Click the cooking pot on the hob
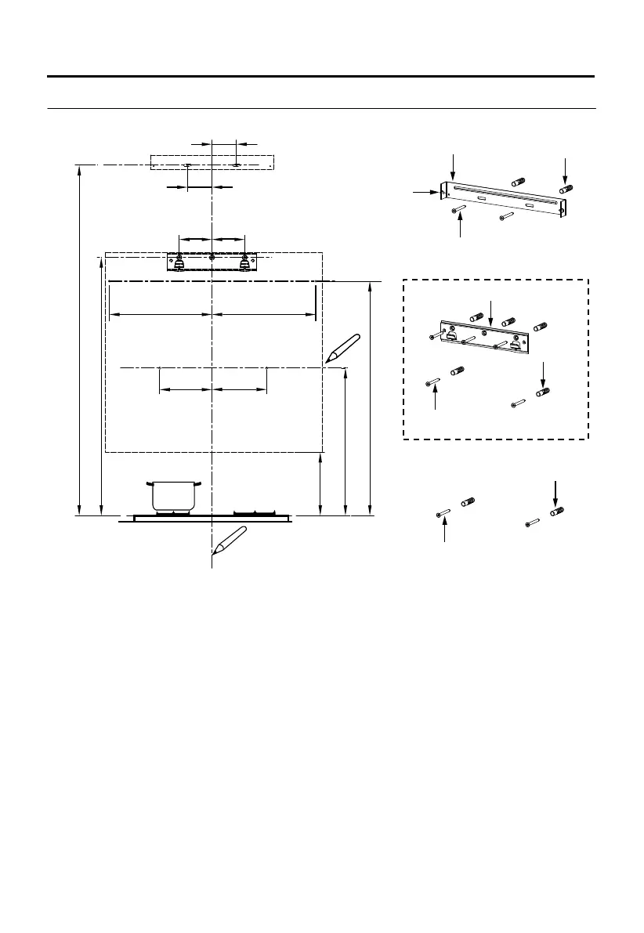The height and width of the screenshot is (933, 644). (x=172, y=496)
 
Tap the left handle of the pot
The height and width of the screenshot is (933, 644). (x=147, y=483)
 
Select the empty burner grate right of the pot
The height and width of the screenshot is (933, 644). (x=255, y=513)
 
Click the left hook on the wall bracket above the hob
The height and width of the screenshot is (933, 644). (x=179, y=262)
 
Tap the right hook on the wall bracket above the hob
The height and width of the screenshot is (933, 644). (x=244, y=262)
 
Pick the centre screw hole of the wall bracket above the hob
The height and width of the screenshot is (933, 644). (x=212, y=257)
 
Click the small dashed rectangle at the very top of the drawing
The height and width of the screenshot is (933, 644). (x=212, y=162)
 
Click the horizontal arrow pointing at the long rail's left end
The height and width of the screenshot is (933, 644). (x=427, y=190)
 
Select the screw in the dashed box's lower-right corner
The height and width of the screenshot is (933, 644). (x=516, y=403)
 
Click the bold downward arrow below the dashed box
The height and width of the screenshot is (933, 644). (x=556, y=493)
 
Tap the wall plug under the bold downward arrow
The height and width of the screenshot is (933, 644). (x=557, y=512)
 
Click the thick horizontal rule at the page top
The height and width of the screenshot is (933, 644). (x=321, y=77)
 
